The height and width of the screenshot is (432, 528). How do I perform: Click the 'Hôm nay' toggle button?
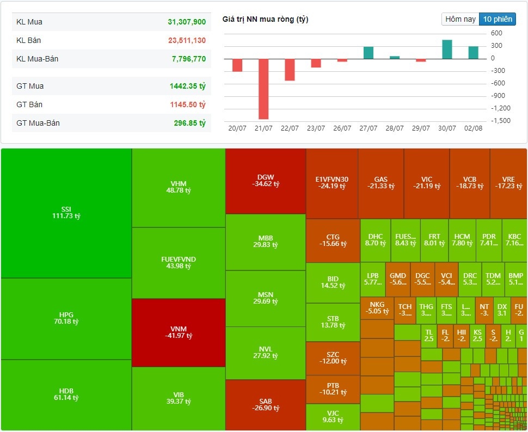tap(461, 19)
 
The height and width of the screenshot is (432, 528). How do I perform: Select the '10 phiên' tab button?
tap(497, 19)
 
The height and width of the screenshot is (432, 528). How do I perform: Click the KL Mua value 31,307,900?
tap(187, 22)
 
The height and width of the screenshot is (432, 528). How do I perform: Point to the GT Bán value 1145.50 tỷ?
tap(187, 104)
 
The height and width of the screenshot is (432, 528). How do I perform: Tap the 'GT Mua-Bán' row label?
tap(38, 123)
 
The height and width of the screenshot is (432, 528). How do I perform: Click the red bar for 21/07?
tap(263, 89)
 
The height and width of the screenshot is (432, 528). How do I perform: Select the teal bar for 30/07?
tap(447, 50)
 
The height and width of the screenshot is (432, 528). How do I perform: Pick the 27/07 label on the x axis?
tap(369, 128)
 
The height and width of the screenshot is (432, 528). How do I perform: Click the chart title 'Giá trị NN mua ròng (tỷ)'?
tap(265, 20)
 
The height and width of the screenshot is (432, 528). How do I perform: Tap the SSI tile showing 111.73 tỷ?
tap(66, 212)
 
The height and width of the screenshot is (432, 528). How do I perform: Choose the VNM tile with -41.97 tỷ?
tap(179, 332)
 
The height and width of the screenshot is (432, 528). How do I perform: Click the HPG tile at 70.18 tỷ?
tap(66, 318)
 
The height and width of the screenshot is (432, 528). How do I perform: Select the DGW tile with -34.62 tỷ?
tap(266, 181)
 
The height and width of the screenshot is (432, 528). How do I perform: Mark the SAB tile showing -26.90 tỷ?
tap(266, 405)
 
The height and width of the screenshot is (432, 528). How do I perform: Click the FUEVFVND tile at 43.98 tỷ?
tap(179, 262)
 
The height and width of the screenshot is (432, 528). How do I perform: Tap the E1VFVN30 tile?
tap(331, 183)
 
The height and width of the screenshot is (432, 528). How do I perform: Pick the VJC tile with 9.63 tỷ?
tap(333, 416)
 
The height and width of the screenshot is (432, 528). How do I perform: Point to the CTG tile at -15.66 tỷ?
tap(333, 240)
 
